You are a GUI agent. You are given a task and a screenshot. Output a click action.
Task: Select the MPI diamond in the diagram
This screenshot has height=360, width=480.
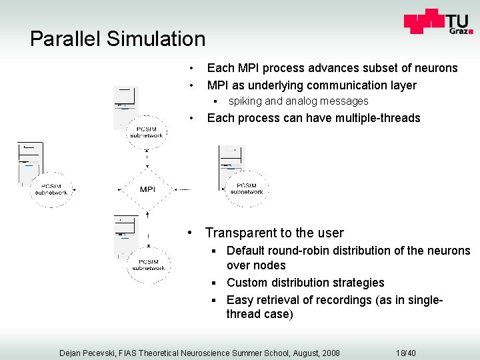coord(147,189)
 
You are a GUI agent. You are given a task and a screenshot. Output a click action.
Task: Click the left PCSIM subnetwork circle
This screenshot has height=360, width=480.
coord(51,189)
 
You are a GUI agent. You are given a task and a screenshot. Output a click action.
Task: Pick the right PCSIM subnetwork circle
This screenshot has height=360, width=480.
coord(246,189)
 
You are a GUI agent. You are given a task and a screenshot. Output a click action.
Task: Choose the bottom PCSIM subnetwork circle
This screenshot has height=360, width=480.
coord(147,264)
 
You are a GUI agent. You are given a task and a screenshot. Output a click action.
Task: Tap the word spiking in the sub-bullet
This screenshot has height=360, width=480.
coord(245,101)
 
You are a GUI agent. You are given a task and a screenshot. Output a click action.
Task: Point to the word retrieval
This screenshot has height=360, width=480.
coord(285,299)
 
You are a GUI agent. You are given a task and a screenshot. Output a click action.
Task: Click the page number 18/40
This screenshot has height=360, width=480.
coord(405,353)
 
